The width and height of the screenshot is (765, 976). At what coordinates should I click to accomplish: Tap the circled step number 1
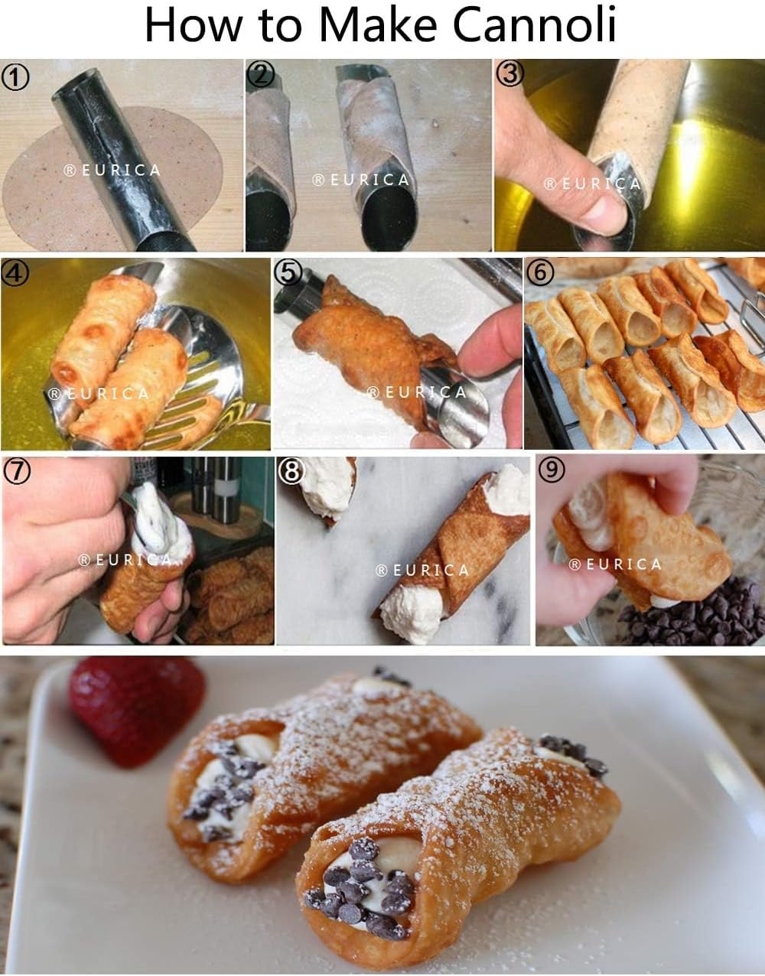(x=15, y=77)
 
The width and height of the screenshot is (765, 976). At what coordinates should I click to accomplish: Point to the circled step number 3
(x=509, y=74)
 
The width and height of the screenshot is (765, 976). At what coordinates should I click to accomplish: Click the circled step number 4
(x=15, y=272)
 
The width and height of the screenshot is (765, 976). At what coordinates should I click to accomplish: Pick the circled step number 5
(x=288, y=273)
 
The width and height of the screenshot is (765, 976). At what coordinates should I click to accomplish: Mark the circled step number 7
(x=16, y=471)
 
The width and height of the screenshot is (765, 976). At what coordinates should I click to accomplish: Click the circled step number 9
(x=552, y=470)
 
